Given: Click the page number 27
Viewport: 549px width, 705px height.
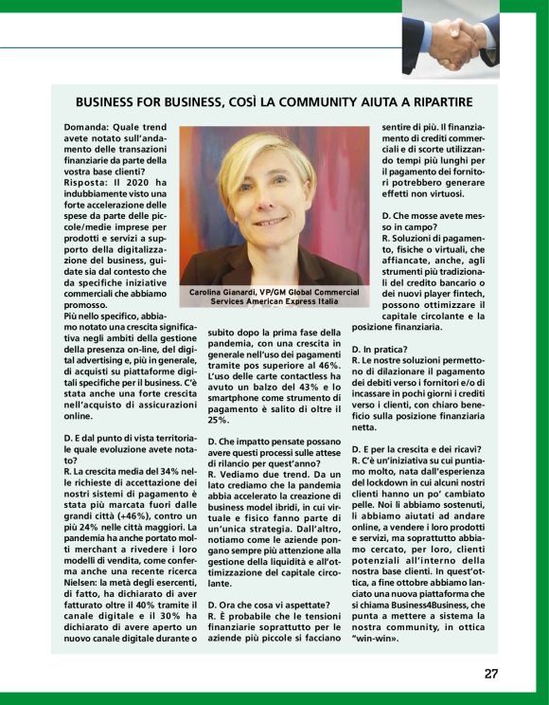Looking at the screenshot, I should [490, 674].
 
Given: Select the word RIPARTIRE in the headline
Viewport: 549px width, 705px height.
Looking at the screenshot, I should [436, 101].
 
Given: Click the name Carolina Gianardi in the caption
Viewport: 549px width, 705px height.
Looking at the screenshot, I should [225, 292].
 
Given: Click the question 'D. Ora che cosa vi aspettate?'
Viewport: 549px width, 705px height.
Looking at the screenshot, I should [268, 604].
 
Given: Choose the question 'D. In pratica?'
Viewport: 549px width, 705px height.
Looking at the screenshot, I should [381, 350].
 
